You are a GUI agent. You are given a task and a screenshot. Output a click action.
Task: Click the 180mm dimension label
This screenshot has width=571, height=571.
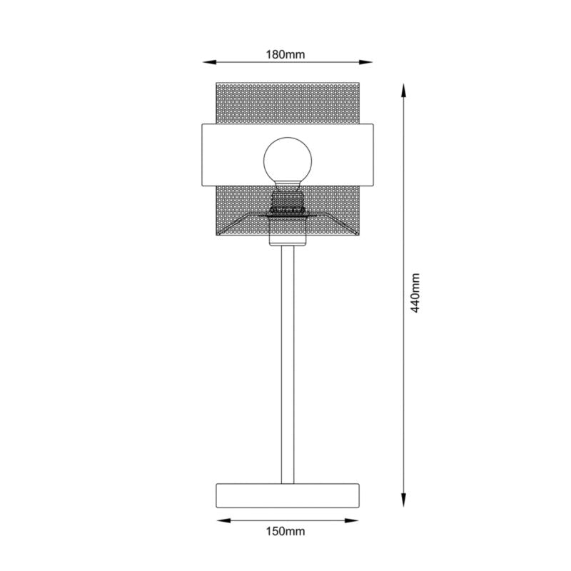tap(285, 55)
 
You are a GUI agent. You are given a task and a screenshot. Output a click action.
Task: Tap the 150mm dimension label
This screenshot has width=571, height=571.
tap(285, 531)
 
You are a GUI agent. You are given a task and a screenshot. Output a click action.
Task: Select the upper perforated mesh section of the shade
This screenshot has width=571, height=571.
tap(285, 103)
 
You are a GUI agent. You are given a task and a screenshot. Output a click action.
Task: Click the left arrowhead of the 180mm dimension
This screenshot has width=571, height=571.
tap(201, 61)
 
